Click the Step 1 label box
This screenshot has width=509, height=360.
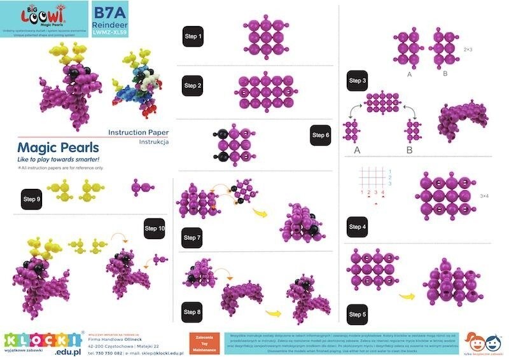click(193, 37)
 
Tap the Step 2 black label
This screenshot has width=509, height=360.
click(193, 85)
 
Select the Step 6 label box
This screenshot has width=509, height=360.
click(321, 135)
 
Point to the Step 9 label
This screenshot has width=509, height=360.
click(32, 199)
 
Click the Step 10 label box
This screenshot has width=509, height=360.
click(155, 228)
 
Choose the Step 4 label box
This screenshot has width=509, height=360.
click(358, 226)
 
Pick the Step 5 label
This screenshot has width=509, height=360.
click(358, 314)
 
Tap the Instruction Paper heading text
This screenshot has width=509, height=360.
click(138, 132)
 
